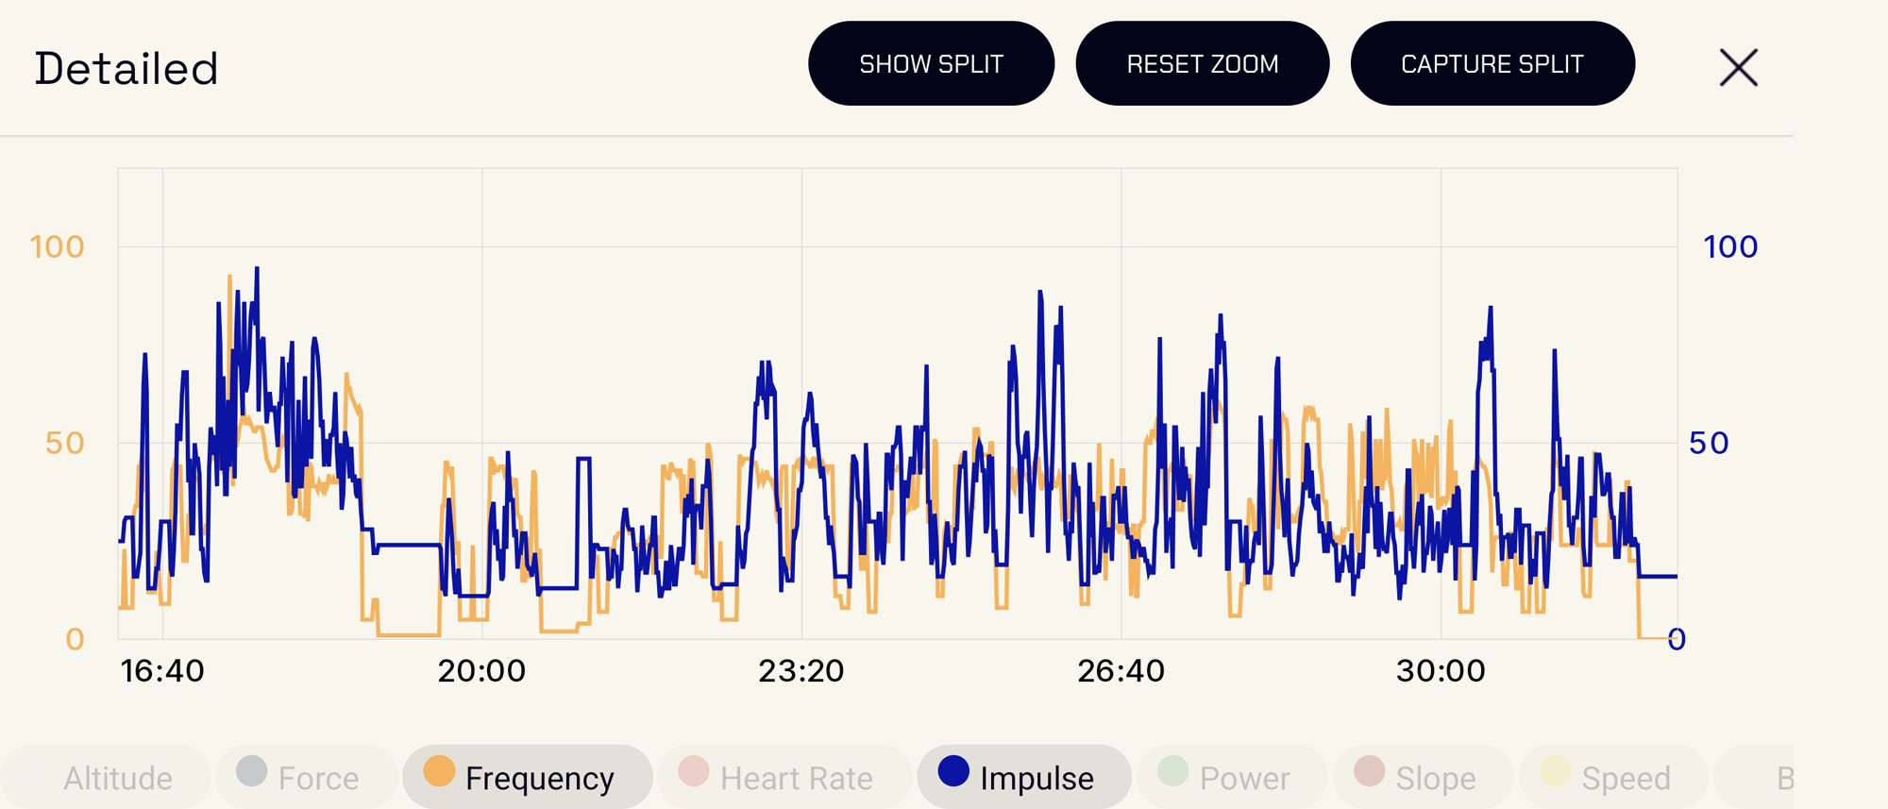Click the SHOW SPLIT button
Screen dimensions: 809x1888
[x=931, y=63]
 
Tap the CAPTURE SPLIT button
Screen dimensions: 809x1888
[x=1492, y=63]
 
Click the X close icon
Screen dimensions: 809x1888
[x=1738, y=68]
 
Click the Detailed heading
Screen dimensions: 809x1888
[x=126, y=69]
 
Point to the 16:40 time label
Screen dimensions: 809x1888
[x=162, y=671]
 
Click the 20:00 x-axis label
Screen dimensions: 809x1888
[x=481, y=671]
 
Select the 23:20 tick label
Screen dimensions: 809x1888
[x=801, y=671]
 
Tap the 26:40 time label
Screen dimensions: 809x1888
[x=1121, y=671]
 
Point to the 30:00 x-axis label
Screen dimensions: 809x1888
[x=1441, y=671]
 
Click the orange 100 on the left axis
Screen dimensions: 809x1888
[x=58, y=247]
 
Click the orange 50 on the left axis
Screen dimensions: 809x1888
[x=65, y=444]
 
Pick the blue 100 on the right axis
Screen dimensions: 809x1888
[x=1730, y=247]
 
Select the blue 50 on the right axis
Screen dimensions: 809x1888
[x=1709, y=444]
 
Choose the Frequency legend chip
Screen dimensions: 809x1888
[x=528, y=778]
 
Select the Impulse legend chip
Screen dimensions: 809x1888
[x=1024, y=778]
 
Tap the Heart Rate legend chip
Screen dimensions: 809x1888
[x=784, y=778]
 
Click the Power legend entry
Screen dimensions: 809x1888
[x=1232, y=778]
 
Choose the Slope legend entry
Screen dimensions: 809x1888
[x=1424, y=778]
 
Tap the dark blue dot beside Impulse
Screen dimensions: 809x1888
[x=953, y=771]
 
